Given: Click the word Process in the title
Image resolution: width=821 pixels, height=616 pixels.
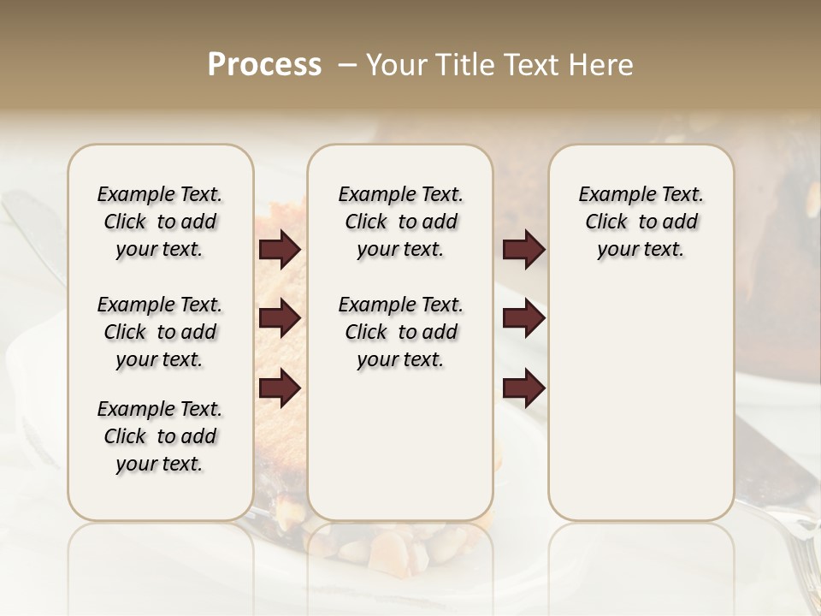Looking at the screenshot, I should (264, 65).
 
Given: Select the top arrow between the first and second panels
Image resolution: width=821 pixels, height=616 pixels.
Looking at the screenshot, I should (280, 250).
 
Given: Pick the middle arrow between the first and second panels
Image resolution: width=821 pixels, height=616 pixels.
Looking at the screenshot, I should (280, 318).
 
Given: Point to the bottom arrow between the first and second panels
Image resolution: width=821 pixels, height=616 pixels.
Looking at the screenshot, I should (280, 388).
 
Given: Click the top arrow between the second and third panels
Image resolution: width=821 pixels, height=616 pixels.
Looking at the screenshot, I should (523, 250).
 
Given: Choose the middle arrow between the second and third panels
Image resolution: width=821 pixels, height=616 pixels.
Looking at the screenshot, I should (523, 318).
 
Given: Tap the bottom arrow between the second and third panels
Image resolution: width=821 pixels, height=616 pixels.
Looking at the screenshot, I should (523, 388).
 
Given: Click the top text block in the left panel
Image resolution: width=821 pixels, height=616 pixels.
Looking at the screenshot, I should (160, 222).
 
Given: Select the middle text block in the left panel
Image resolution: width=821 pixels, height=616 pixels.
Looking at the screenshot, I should (160, 332).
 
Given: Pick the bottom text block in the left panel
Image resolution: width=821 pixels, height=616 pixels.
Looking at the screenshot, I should (160, 436).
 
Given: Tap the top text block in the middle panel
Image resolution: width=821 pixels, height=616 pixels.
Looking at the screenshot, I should (400, 222).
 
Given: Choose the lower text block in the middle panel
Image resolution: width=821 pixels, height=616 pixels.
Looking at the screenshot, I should (400, 332).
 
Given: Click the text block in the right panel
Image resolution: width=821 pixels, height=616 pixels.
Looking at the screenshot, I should (641, 222).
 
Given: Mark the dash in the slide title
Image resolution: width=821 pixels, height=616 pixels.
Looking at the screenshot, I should (346, 65).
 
